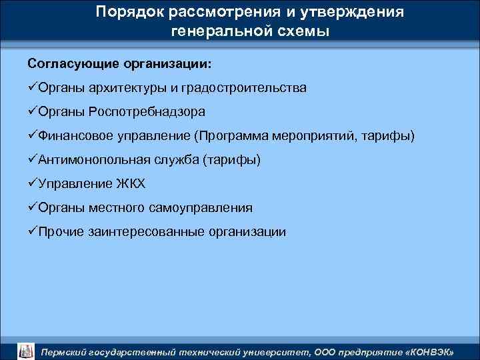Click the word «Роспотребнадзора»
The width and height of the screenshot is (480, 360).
pos(147,112)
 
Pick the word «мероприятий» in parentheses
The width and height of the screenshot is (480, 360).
pos(319,136)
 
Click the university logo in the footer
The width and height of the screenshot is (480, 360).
pos(25,350)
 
